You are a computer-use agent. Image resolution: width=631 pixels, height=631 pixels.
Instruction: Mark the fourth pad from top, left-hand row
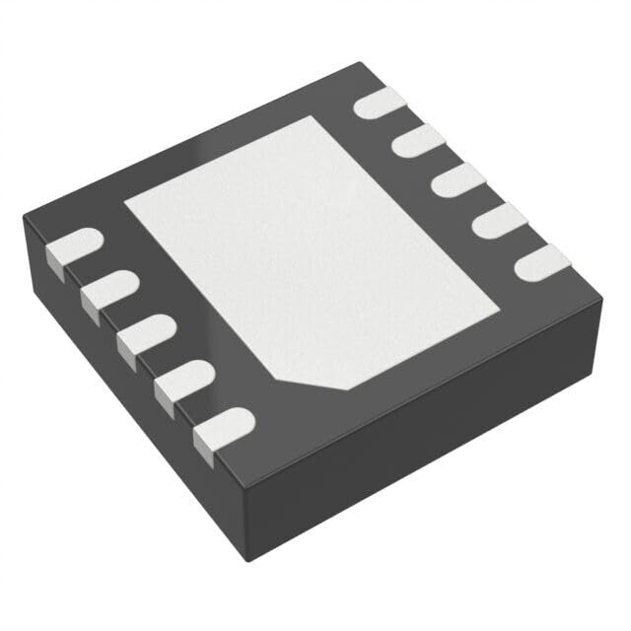point(178,379)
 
